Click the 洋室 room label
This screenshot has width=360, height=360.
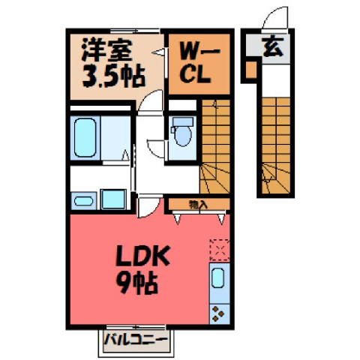(x=106, y=51)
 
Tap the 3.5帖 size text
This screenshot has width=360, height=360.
(x=114, y=76)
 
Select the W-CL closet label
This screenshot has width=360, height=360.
(x=199, y=63)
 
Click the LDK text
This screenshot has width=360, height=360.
(x=142, y=256)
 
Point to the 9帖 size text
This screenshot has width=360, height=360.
(x=136, y=283)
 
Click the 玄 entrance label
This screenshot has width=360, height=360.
(x=273, y=47)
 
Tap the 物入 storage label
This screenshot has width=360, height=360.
(x=198, y=205)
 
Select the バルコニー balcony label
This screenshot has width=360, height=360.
(x=135, y=340)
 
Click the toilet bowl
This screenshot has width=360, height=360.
(x=183, y=136)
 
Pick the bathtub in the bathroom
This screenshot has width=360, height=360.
(x=85, y=137)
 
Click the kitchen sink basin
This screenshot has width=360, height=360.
(x=217, y=277)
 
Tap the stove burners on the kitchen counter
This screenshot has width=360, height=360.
(x=217, y=314)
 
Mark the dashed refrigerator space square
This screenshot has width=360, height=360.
(x=220, y=250)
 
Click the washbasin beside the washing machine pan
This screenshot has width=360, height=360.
(x=83, y=201)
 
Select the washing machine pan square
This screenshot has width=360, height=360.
(x=113, y=199)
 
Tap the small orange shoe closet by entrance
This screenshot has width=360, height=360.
(x=251, y=70)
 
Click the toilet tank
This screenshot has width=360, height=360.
(x=183, y=121)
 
